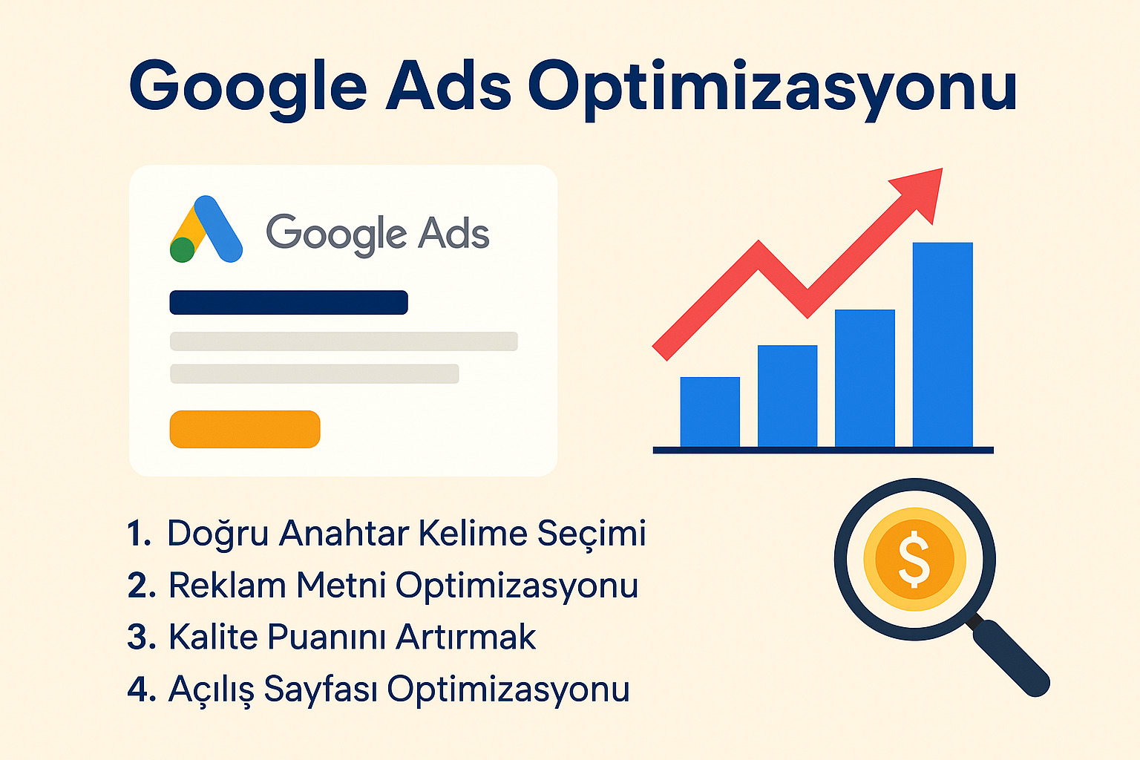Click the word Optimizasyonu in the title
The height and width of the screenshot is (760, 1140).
[772, 88]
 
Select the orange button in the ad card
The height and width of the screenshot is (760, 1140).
[245, 429]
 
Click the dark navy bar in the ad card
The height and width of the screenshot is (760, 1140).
[289, 302]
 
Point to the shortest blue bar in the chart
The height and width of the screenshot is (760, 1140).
[710, 412]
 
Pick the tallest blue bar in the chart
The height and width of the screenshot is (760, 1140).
[942, 344]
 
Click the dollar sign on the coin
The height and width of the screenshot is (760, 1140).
[914, 558]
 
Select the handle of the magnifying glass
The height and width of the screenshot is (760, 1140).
[1009, 656]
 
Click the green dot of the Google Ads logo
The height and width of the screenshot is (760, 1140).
[182, 250]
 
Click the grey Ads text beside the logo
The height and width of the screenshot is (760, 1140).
[453, 233]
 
